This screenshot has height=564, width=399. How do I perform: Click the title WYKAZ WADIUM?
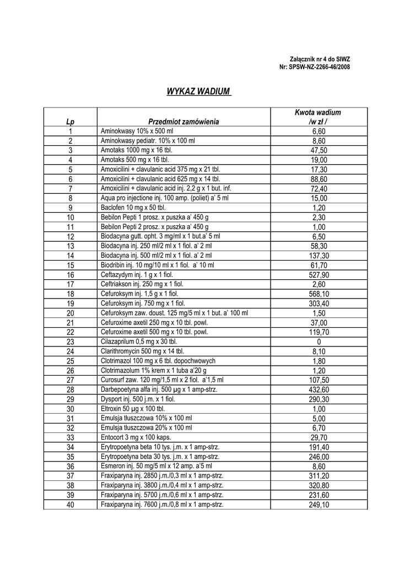[198, 91]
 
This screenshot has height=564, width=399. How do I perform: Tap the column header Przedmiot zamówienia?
[184, 122]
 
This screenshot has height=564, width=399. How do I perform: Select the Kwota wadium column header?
[318, 117]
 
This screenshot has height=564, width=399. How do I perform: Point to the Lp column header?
[70, 122]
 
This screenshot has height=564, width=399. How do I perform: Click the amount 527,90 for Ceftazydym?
[319, 275]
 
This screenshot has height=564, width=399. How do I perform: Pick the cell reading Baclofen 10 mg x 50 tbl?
[133, 208]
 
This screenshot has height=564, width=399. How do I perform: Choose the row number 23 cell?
[70, 341]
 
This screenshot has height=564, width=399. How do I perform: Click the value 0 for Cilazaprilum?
[319, 341]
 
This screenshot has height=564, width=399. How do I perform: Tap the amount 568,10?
[319, 294]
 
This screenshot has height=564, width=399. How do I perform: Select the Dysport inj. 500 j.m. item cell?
[138, 399]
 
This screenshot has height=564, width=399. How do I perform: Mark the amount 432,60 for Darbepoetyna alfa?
[319, 389]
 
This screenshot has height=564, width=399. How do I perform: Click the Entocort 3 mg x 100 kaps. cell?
[136, 437]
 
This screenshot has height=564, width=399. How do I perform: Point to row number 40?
[70, 504]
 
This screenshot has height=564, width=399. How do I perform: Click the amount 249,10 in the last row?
[319, 504]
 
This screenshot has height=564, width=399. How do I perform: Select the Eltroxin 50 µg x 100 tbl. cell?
[133, 409]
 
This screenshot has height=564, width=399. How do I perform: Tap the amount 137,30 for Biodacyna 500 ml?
[319, 256]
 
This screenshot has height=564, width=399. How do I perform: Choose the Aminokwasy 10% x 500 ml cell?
[137, 131]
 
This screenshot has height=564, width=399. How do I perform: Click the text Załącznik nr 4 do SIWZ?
[320, 59]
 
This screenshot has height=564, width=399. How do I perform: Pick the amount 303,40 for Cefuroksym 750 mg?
[319, 303]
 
